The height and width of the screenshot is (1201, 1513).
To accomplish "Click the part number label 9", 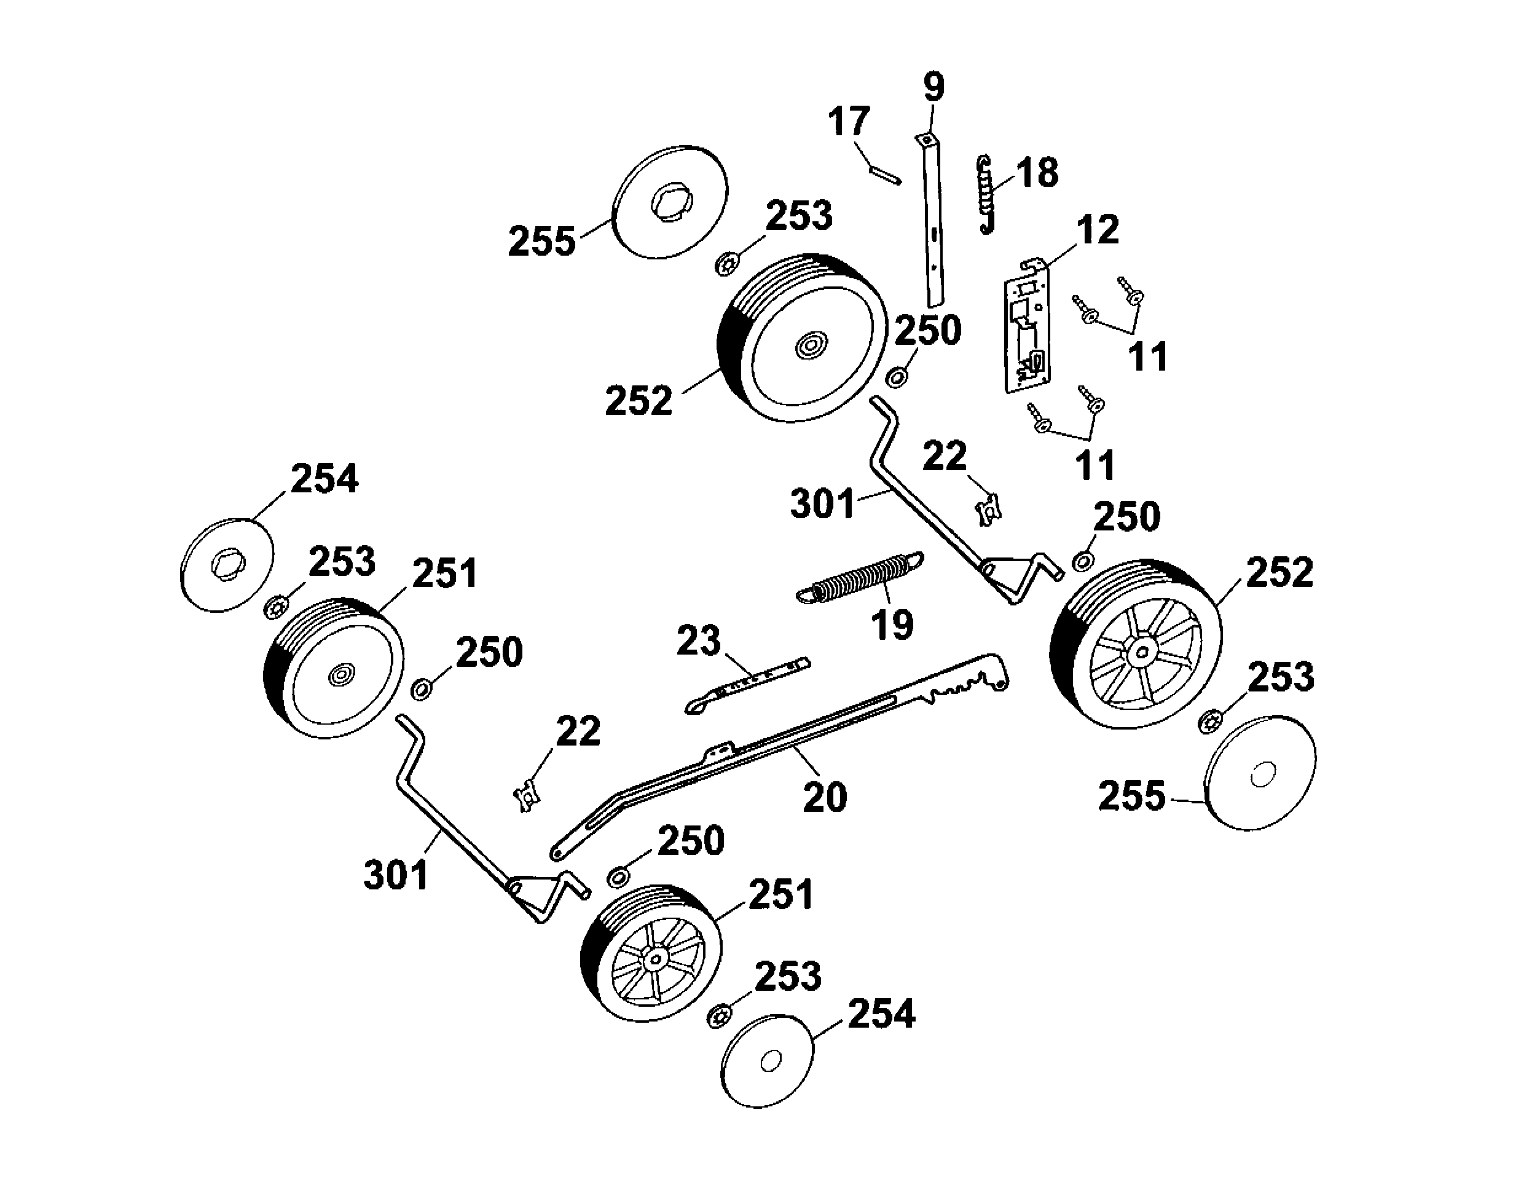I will coord(933,87).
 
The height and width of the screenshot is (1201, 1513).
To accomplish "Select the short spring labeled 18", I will coord(987,194).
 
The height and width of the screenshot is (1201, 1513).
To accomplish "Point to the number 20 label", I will coord(825,797).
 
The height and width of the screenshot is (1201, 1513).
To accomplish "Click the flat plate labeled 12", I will coord(1027,326).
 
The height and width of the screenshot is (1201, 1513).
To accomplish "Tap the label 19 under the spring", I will coord(892,624).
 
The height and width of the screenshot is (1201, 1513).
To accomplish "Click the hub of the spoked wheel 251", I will coord(656,958).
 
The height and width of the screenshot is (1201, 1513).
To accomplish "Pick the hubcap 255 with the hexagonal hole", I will coord(670,203).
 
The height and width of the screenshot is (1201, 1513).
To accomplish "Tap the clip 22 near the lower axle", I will coord(526,796).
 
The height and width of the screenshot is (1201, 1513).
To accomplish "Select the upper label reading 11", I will coord(1148,356).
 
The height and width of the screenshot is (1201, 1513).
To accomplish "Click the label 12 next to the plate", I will coord(1098,229).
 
